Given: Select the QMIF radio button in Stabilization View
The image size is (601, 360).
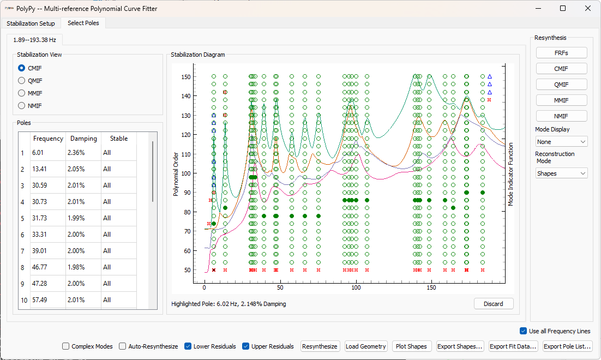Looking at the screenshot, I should (22, 81).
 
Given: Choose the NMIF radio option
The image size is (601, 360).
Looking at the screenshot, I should (22, 106).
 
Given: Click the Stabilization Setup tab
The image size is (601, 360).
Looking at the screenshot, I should (31, 23).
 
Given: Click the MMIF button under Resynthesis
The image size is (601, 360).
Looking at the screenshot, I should (561, 100).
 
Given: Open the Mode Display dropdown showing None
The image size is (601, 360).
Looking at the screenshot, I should (561, 142).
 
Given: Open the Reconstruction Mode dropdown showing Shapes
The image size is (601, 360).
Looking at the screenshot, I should (561, 173).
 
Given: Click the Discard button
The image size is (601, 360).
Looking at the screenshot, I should (493, 304).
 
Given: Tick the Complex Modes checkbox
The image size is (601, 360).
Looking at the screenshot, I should (66, 346).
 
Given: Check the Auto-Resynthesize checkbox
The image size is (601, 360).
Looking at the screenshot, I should (123, 346).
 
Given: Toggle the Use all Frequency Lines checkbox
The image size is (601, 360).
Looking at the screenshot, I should (524, 331).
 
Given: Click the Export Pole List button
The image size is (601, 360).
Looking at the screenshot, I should (567, 346).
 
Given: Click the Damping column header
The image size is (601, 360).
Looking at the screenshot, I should (83, 139).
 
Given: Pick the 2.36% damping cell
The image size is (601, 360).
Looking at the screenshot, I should (76, 153).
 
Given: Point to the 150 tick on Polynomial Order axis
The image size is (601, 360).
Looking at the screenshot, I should (187, 77).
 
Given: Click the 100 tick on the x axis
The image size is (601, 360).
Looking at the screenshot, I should (356, 288).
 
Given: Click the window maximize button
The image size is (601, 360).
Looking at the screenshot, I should (563, 8).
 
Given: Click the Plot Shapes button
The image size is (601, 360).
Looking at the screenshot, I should (412, 346).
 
